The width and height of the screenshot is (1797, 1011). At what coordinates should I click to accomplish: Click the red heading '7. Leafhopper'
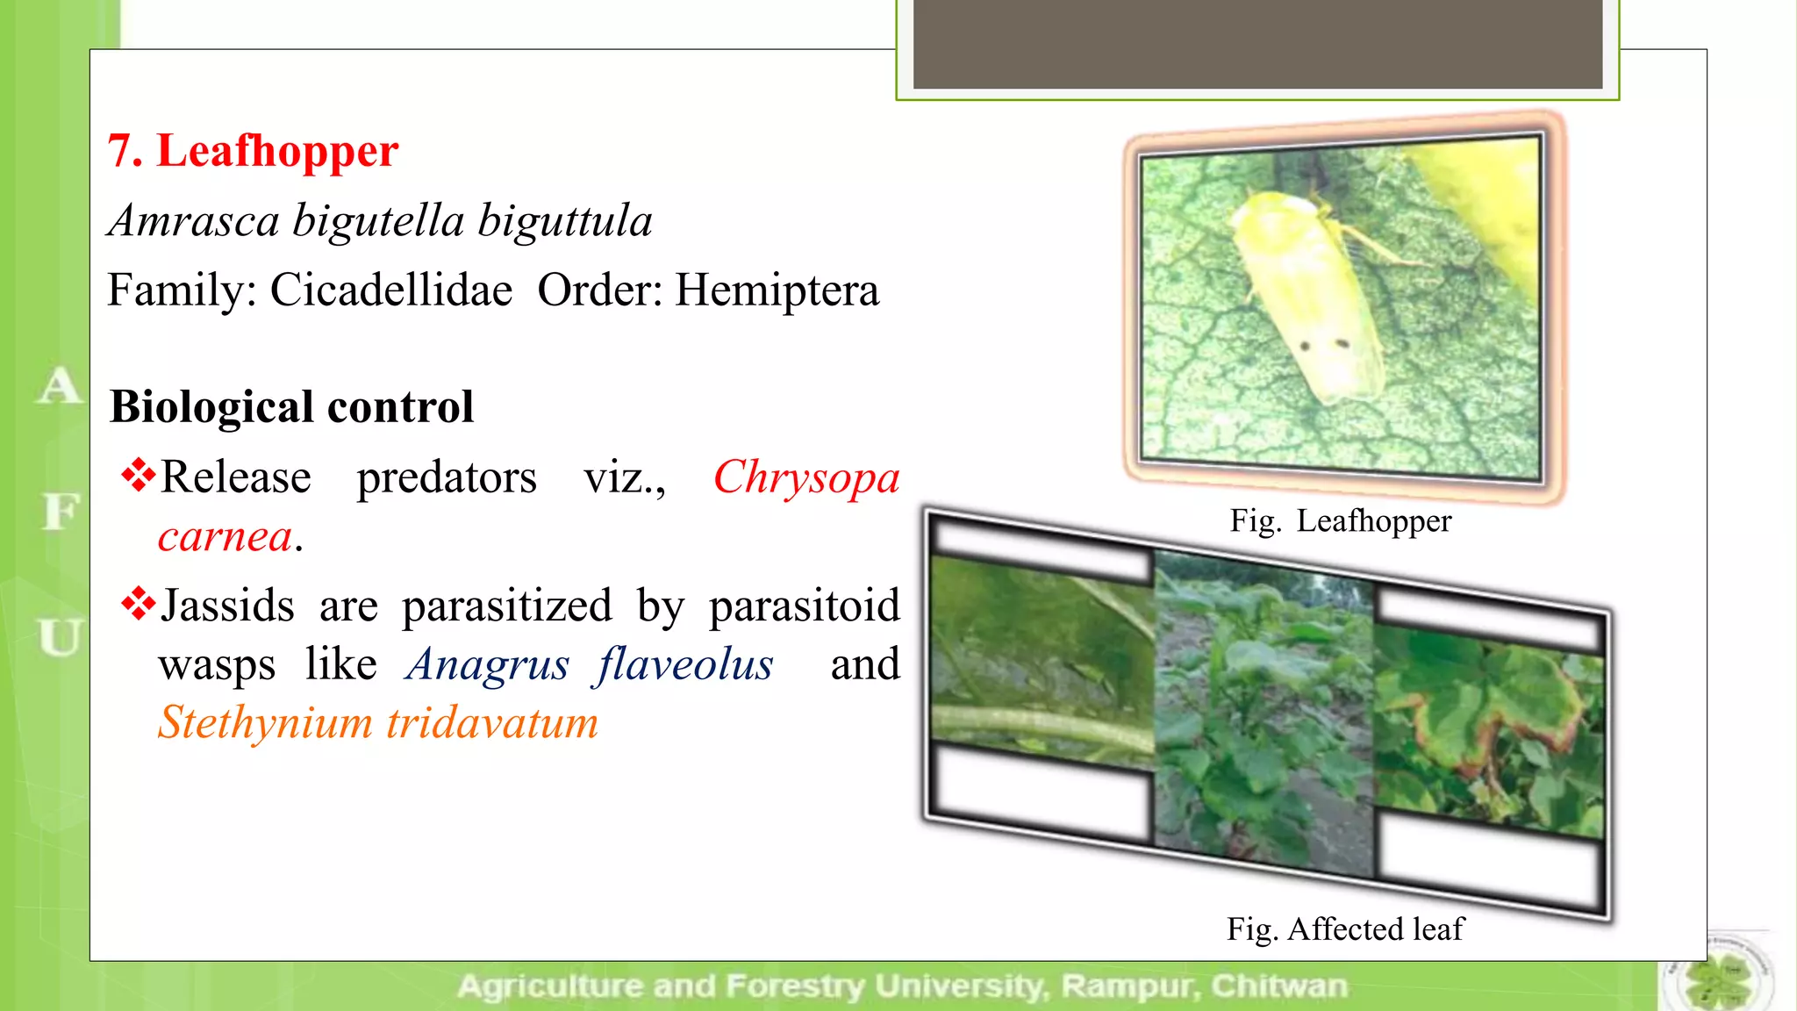(253, 151)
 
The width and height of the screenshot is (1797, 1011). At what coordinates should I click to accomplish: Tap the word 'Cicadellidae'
(390, 290)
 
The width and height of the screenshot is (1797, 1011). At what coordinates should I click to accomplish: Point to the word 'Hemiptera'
(777, 290)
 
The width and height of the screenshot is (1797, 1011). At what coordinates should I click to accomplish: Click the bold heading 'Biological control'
(291, 407)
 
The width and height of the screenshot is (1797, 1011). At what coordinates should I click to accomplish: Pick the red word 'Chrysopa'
(805, 478)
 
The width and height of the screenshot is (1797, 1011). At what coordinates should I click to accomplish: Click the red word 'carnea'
(225, 536)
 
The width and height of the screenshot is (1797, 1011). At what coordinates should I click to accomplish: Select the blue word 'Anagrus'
(487, 664)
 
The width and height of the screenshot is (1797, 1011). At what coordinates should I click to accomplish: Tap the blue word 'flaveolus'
(684, 664)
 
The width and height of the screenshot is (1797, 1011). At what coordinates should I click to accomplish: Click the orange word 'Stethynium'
(265, 723)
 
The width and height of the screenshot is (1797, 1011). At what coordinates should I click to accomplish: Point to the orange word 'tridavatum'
(492, 723)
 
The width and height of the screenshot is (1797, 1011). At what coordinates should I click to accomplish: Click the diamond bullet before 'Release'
(138, 475)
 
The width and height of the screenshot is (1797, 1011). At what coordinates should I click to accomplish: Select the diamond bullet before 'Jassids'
(138, 603)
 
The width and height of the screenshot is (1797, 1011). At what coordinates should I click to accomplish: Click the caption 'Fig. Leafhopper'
(1340, 521)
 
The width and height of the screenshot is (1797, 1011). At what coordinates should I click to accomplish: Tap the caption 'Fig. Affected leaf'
(1344, 929)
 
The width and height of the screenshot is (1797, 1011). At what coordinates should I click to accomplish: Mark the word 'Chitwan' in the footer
(1278, 986)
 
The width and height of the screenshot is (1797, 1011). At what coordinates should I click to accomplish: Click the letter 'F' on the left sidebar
(60, 512)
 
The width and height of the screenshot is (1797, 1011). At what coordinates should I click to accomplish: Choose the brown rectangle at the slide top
(1257, 44)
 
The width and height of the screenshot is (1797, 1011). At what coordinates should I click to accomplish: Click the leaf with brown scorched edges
(1492, 720)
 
